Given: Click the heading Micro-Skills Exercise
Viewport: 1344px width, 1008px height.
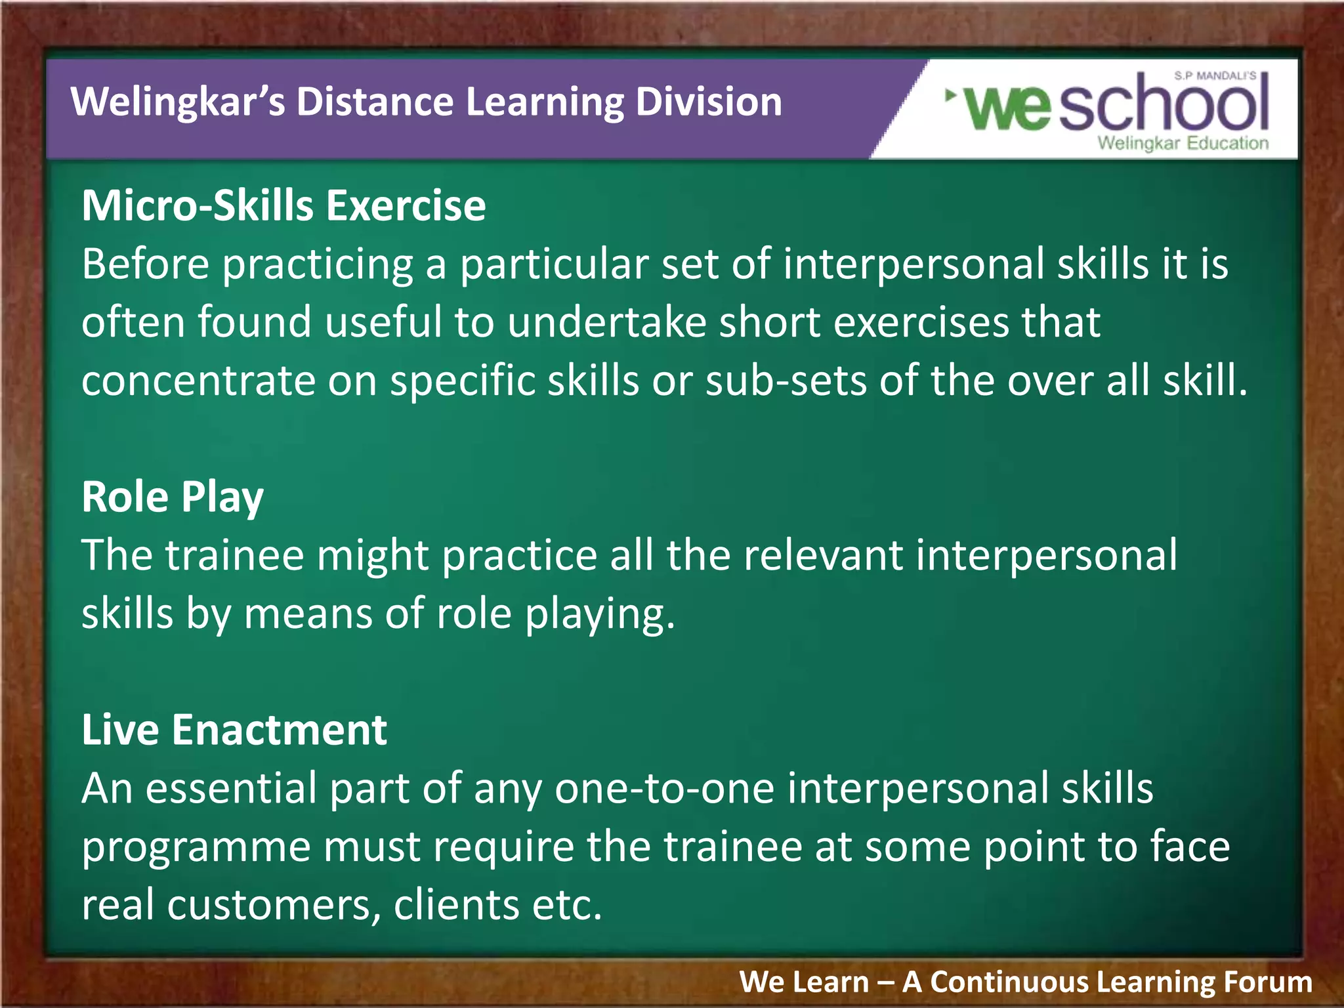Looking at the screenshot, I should tap(283, 206).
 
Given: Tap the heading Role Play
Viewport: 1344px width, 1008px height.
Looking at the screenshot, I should tap(173, 497).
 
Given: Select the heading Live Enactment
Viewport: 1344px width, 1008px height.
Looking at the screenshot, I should tap(234, 730).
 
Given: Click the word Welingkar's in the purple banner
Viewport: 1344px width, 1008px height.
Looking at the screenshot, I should tap(178, 102).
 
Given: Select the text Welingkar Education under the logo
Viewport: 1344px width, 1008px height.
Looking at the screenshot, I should tap(1183, 143).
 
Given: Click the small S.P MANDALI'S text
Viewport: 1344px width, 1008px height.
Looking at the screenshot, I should tap(1215, 76).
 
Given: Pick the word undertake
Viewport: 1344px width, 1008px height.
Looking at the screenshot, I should tap(606, 322).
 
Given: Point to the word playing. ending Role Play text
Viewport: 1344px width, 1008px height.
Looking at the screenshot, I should tap(600, 615).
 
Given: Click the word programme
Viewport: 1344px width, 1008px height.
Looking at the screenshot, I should tap(196, 848).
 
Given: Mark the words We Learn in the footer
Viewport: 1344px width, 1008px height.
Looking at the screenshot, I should tap(804, 982).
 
